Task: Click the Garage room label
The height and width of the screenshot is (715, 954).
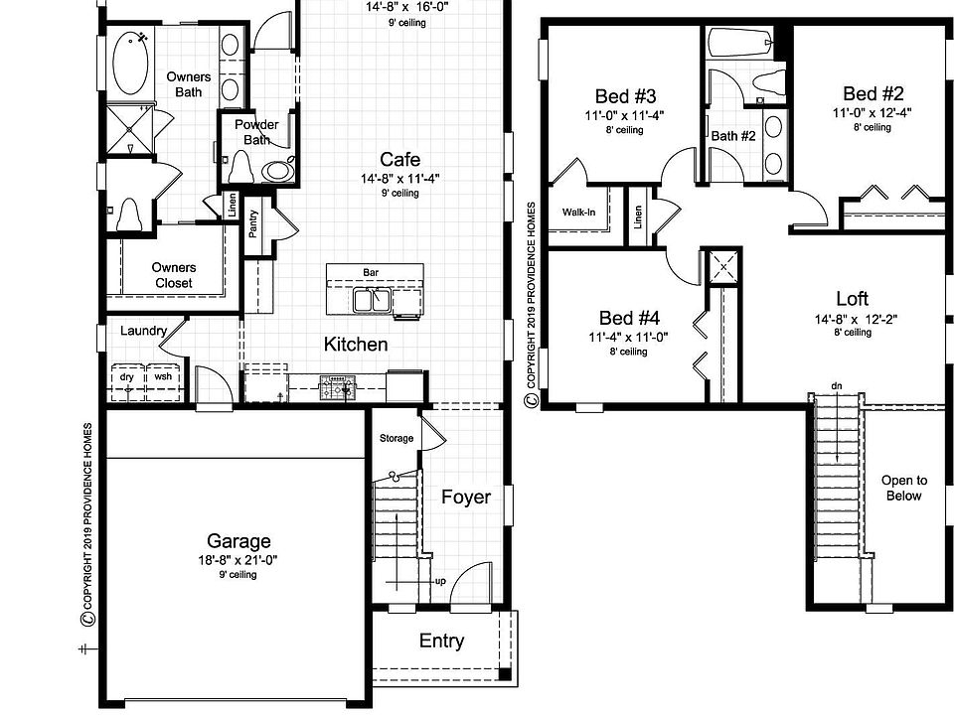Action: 238,540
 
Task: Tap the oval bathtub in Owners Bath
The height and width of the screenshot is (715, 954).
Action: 130,64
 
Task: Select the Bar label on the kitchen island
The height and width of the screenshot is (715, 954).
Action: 371,272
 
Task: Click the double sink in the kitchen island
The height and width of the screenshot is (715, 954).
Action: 372,300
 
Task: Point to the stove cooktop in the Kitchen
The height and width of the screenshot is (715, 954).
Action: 338,387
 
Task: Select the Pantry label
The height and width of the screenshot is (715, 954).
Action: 253,223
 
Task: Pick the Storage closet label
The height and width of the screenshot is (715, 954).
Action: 397,438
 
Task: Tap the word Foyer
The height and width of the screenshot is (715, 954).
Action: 466,497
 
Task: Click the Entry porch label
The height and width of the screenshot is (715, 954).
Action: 441,641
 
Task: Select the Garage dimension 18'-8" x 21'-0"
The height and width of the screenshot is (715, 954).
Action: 238,560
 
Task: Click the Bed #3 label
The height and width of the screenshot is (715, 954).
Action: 625,96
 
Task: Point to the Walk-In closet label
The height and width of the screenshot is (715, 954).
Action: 578,213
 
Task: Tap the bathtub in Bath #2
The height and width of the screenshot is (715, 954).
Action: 739,43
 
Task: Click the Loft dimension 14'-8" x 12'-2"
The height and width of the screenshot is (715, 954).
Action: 856,319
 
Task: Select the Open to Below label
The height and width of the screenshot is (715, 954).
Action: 904,488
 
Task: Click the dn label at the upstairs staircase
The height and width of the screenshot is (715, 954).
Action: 837,386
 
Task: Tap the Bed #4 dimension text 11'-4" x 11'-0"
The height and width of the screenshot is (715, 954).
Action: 628,337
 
